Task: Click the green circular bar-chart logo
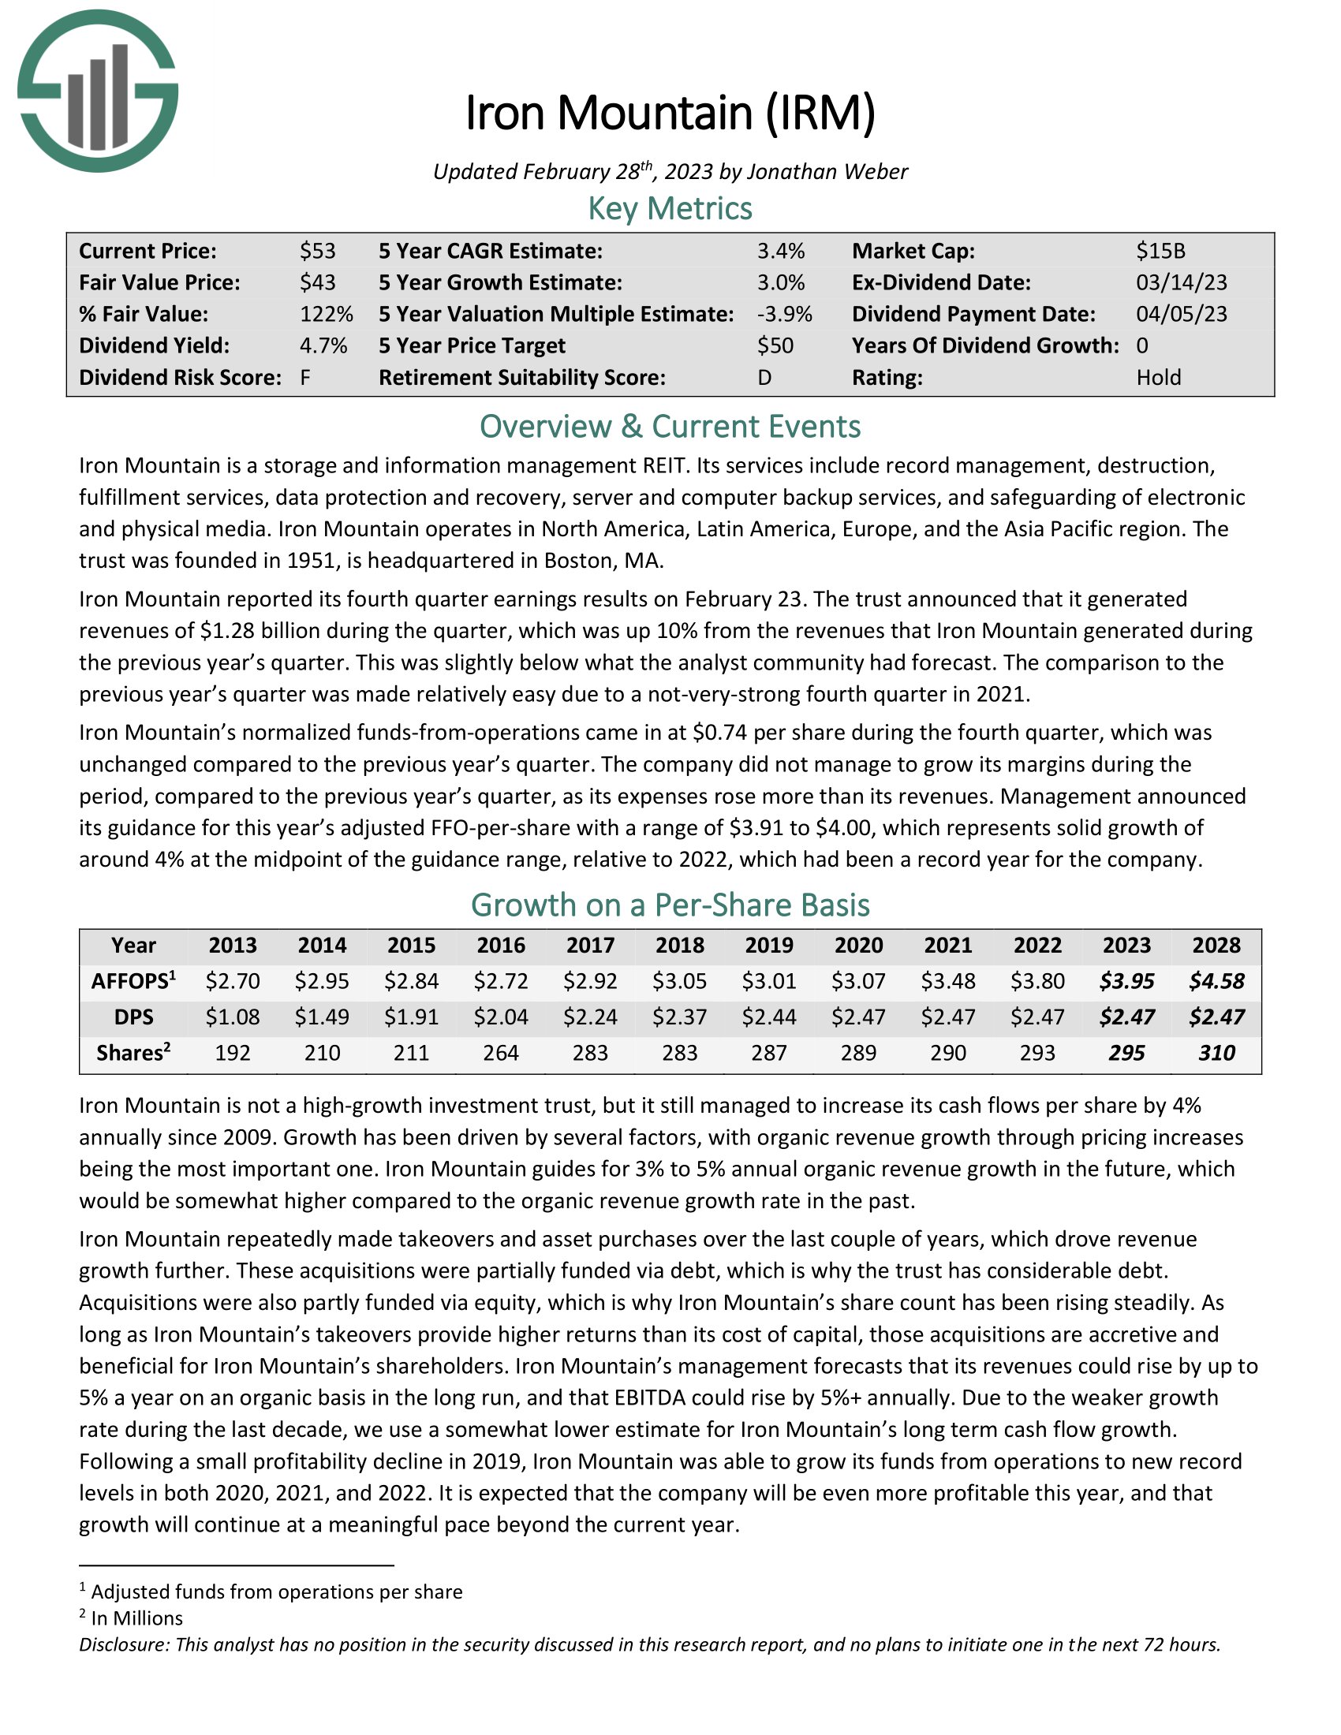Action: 97,91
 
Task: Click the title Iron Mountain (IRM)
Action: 670,113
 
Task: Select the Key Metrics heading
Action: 670,208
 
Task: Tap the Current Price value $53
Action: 318,251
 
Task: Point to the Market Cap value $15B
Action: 1160,251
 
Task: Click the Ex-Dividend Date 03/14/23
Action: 1182,282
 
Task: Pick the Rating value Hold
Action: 1158,377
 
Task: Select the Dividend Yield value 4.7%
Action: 323,345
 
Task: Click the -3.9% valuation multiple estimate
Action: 784,314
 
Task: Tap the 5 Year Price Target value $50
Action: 775,345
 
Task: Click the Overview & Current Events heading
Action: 670,427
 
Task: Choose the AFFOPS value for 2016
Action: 500,981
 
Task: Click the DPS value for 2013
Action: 232,1017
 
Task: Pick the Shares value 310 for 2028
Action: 1216,1053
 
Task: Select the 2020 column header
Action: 859,946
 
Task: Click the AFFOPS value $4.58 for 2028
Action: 1216,981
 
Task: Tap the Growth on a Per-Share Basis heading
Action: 670,905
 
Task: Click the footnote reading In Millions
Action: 136,1618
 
